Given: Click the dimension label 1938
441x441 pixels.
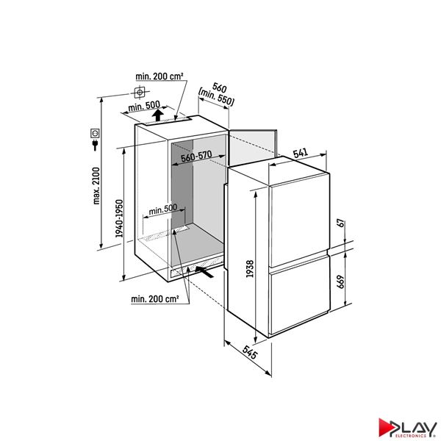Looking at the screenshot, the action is [250, 269].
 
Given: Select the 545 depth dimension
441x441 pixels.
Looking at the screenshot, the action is [249, 352].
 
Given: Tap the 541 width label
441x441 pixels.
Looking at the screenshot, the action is [301, 153].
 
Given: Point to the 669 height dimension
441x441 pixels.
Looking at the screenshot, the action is [340, 282].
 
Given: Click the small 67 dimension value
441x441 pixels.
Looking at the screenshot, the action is [340, 224].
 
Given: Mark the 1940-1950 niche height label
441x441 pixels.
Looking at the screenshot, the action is [120, 218].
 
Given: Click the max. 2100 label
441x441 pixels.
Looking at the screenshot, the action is [96, 186].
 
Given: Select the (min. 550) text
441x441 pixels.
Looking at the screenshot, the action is [216, 97].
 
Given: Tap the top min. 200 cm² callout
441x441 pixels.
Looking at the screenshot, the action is [159, 76].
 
